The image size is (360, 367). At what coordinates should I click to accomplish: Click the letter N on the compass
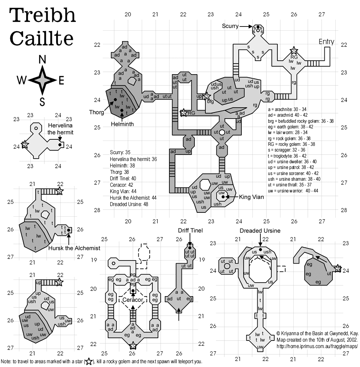point(43,59)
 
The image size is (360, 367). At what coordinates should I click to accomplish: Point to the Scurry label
point(231,26)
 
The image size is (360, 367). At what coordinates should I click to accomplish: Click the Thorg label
point(96,112)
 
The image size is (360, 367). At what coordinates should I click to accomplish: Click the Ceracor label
point(133,300)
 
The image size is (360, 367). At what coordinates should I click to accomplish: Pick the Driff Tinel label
point(190,230)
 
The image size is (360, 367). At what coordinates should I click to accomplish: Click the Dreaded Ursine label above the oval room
point(260,231)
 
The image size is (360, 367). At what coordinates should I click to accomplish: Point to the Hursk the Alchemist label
point(74,248)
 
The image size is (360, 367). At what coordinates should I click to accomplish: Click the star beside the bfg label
point(207,97)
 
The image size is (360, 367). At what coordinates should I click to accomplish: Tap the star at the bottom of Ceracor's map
point(133,345)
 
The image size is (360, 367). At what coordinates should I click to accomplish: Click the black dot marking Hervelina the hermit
point(59,144)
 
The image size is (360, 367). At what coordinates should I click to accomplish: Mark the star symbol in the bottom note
point(88,361)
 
